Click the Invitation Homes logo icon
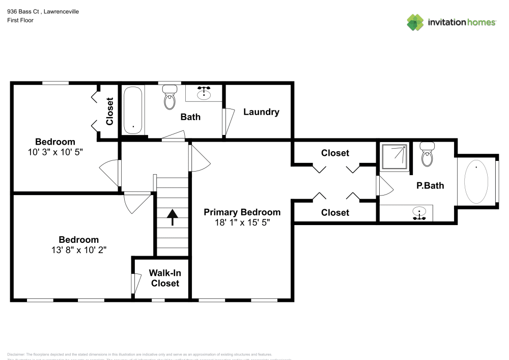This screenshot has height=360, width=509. (415, 22)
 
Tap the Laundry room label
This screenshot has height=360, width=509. (261, 112)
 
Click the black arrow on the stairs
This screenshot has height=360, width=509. (172, 217)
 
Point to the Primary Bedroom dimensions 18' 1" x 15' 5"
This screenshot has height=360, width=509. (242, 223)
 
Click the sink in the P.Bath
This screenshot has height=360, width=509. (419, 213)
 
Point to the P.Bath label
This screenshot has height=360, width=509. (430, 186)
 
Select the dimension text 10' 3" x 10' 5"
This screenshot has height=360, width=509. (55, 152)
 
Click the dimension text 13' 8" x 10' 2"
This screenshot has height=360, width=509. (79, 250)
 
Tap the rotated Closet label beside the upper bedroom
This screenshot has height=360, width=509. (109, 112)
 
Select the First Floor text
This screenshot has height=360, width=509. (20, 20)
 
